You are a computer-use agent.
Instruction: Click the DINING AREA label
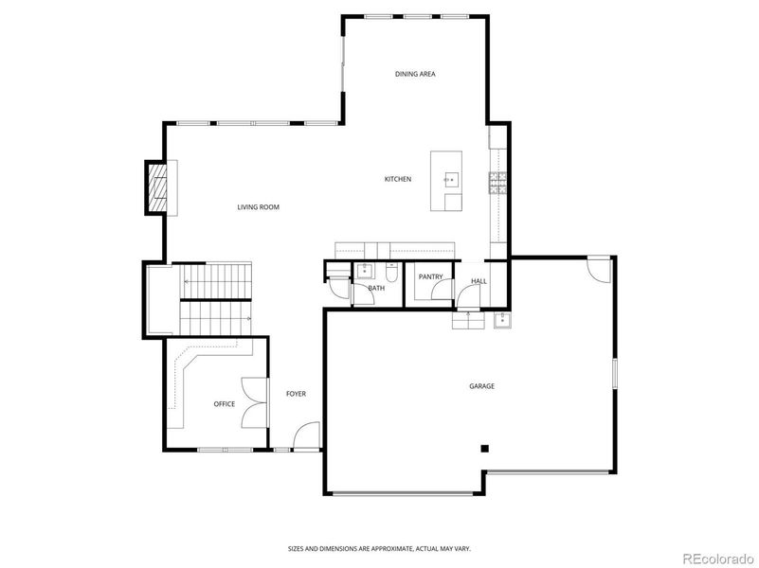pos(415,74)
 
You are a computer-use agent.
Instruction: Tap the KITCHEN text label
pos(397,179)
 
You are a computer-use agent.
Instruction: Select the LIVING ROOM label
pos(258,207)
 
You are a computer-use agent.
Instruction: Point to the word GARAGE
pos(481,385)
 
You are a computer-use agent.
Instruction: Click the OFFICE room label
pos(224,404)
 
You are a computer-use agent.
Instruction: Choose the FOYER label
pos(296,394)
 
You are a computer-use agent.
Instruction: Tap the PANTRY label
pos(430,276)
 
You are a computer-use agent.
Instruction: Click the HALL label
pos(479,281)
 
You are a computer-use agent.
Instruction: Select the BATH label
pos(376,288)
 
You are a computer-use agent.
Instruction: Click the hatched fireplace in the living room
pos(156,188)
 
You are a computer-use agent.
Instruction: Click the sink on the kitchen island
pos(449,177)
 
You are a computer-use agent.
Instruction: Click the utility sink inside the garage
pos(501,320)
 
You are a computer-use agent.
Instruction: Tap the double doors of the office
pos(252,403)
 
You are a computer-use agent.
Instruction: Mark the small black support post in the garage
pos(483,448)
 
